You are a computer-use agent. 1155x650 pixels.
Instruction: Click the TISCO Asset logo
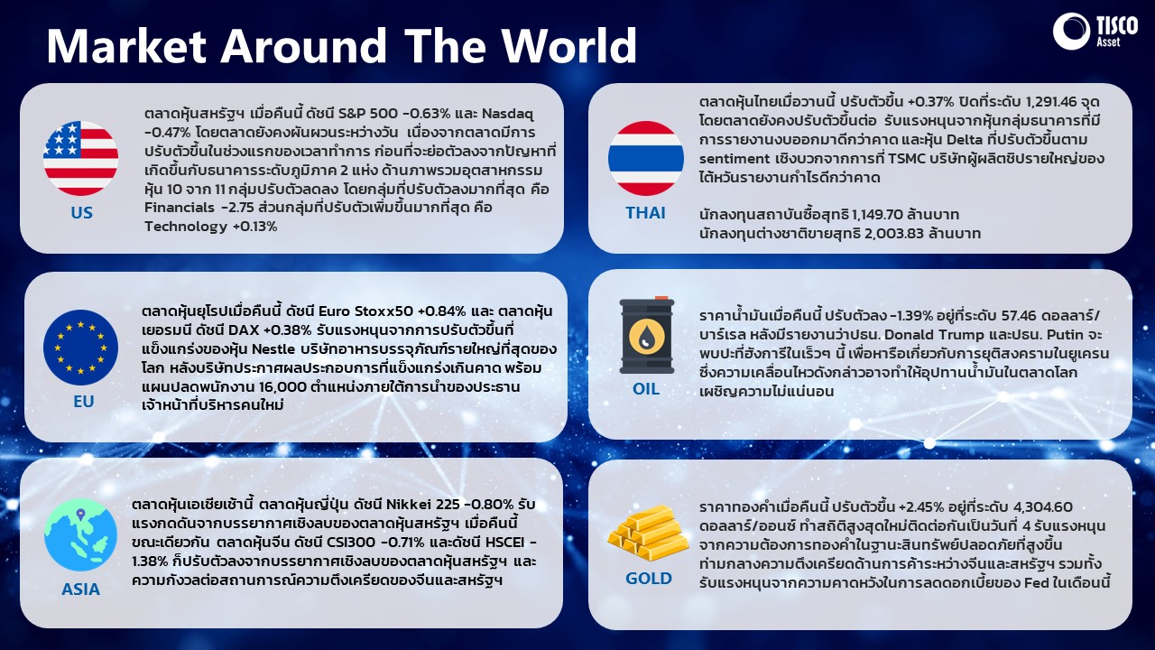click(1095, 32)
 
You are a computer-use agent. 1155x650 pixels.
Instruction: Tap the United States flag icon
click(80, 158)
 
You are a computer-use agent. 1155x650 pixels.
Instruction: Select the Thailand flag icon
click(645, 158)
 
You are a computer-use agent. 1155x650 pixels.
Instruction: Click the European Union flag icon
click(80, 348)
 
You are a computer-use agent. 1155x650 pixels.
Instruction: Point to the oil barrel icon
click(647, 335)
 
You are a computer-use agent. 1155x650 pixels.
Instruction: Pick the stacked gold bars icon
click(648, 533)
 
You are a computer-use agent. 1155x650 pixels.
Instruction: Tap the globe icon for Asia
click(80, 534)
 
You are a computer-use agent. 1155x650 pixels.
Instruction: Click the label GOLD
click(649, 579)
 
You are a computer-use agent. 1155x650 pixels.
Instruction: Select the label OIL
click(645, 388)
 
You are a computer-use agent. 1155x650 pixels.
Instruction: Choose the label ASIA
click(80, 589)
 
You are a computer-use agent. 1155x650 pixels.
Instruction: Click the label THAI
click(645, 212)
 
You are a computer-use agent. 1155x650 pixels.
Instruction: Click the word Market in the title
click(126, 45)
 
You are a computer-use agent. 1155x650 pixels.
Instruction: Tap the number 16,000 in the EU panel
click(282, 387)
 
